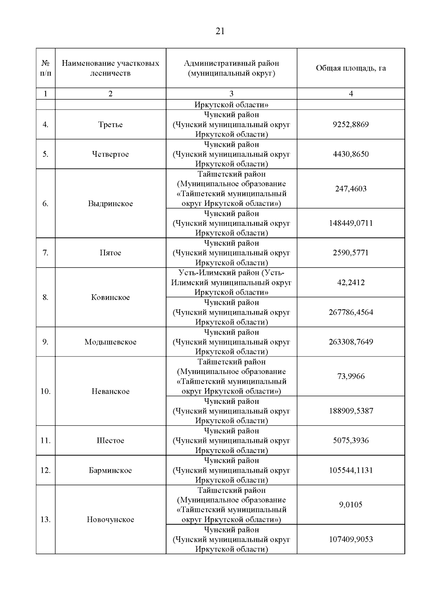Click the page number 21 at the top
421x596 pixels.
point(220,32)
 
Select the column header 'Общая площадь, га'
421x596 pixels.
point(351,68)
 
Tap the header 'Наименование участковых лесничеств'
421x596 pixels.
point(111,68)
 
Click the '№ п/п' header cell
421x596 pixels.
point(46,68)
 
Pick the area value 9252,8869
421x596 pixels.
point(351,125)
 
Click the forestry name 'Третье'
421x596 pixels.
point(111,125)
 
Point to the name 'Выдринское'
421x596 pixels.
point(111,204)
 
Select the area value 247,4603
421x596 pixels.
point(351,189)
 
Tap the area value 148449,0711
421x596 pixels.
point(351,223)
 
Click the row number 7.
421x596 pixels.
point(46,253)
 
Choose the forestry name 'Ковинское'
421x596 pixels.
point(111,297)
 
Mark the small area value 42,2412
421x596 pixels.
point(351,283)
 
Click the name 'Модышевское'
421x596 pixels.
point(111,342)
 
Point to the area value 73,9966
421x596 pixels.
point(351,376)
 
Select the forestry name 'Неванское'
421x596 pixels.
point(111,391)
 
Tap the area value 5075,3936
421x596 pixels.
point(351,441)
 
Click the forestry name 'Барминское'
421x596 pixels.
point(111,470)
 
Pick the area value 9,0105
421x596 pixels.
point(351,505)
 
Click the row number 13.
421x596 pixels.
point(46,520)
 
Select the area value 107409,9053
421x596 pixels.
point(351,539)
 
